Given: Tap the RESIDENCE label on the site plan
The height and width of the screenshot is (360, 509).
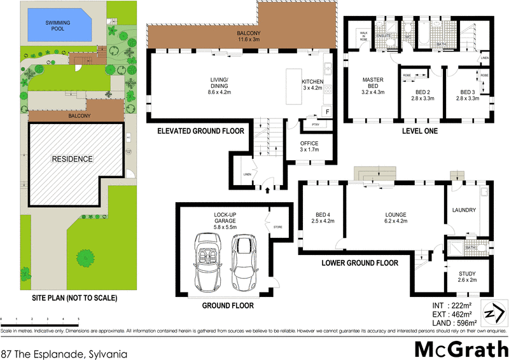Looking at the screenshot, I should coord(72,158).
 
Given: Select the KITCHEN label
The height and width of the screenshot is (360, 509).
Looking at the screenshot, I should coord(312,85).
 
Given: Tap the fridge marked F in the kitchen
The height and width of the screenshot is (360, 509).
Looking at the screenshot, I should coord(327,112).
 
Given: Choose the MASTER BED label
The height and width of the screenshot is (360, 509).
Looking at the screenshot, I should coord(373,86).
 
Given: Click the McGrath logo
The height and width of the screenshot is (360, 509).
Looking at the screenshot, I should coord(457,348).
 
